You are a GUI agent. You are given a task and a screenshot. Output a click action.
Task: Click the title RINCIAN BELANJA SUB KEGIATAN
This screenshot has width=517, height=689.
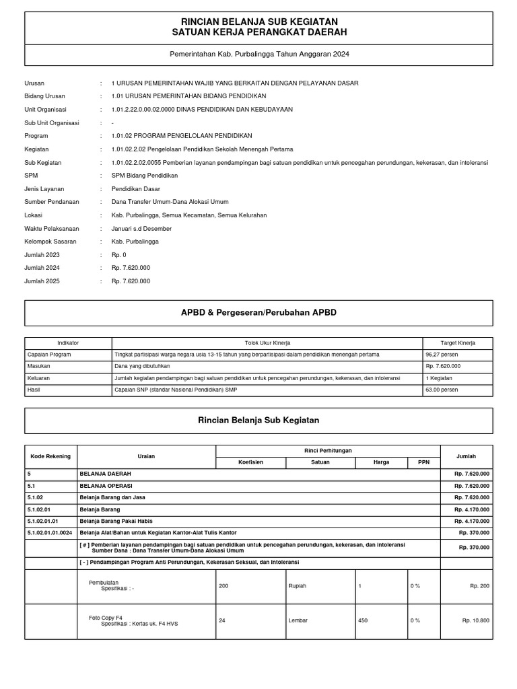coord(259,22)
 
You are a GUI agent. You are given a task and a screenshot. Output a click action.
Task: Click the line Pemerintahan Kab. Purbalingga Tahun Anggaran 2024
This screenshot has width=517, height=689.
coord(259,54)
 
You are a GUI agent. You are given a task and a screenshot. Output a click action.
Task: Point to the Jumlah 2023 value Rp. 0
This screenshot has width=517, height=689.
coord(119,254)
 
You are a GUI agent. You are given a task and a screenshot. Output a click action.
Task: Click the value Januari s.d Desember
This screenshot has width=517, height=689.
coord(141,228)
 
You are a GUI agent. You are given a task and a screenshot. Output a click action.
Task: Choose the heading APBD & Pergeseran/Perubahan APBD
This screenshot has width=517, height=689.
coord(259,313)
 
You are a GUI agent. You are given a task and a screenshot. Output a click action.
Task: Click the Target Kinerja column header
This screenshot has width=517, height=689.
coord(458,343)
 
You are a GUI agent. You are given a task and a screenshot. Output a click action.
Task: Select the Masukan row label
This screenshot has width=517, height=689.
coord(38,366)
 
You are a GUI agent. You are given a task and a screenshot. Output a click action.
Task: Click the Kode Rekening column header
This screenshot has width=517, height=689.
coord(50,456)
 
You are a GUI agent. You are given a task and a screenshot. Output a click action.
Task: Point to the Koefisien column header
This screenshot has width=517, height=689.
coord(250,462)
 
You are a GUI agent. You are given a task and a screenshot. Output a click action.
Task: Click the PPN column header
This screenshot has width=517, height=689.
coord(423,462)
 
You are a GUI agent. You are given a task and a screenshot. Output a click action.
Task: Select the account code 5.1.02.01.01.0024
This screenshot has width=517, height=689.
coord(50,532)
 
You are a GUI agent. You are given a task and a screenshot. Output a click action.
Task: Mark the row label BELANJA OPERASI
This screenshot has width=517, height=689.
coord(106,485)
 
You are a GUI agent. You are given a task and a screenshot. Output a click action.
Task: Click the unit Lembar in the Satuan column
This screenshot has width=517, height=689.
coord(298,620)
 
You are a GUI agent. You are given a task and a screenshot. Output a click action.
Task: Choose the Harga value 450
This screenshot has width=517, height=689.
coord(363,620)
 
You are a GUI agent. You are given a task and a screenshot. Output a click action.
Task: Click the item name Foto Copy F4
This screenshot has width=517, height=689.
coord(106,617)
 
